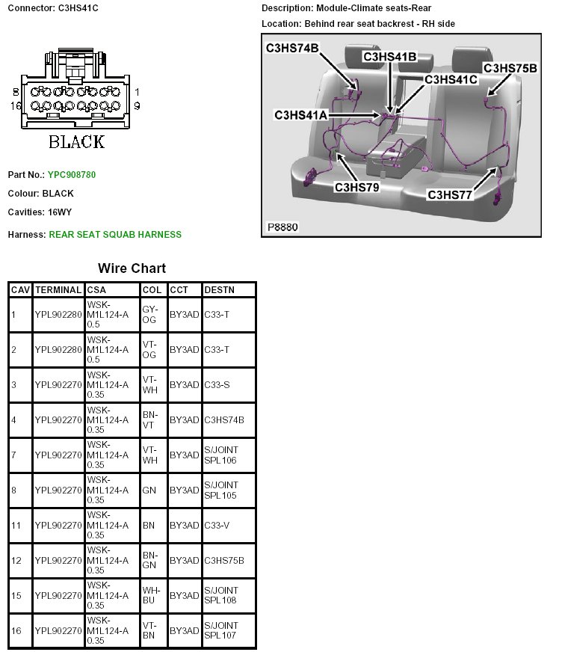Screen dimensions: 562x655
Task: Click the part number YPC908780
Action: (x=72, y=175)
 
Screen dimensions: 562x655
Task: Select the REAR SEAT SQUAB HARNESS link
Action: (x=115, y=235)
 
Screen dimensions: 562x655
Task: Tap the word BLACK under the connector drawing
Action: (x=76, y=141)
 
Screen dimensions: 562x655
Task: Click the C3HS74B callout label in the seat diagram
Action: (x=292, y=49)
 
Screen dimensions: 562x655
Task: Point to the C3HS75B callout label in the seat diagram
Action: (x=510, y=68)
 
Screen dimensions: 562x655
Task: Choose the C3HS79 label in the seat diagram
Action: (x=356, y=187)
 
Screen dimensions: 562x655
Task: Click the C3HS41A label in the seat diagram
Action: (x=301, y=114)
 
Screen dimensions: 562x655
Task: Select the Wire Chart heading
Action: (x=132, y=268)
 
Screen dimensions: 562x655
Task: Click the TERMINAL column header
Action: (x=58, y=289)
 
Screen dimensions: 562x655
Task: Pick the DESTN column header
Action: (x=219, y=289)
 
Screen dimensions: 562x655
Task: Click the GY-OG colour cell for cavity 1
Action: (x=149, y=315)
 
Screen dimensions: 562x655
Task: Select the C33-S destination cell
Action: (x=217, y=384)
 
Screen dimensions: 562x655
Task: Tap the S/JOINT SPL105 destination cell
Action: (x=221, y=490)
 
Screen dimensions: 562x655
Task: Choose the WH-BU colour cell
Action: (x=149, y=595)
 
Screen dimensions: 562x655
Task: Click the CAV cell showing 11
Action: (x=16, y=525)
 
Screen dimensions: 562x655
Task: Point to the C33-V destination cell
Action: (x=217, y=525)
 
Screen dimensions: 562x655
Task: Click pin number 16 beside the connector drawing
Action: (x=16, y=106)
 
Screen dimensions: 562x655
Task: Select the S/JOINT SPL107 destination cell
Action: (x=221, y=630)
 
